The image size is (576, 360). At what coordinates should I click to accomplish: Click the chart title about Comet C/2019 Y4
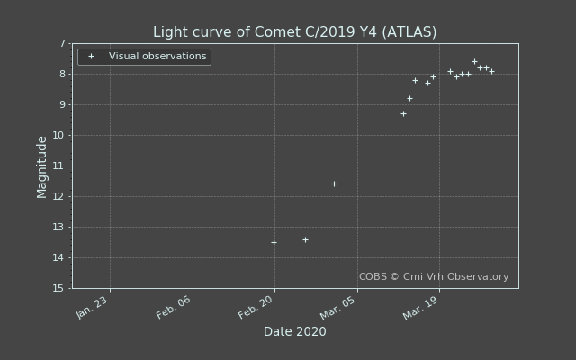294,32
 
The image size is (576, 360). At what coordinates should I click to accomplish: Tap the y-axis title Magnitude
42,166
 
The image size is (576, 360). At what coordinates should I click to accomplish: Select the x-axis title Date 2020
294,331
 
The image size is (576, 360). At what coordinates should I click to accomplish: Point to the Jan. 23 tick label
93,308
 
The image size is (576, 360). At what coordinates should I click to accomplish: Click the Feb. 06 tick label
175,308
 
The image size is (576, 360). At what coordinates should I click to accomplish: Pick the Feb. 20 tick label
257,308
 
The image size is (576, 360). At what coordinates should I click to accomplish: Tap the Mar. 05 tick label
340,308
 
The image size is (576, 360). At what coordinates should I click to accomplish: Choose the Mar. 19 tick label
421,308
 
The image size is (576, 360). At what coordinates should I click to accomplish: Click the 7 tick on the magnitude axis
62,43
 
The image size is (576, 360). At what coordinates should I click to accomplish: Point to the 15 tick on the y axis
58,288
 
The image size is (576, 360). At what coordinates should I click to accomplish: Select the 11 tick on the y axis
58,166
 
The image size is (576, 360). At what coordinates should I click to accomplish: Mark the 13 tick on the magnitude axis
58,227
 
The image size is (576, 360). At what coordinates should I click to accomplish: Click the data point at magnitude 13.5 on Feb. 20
274,242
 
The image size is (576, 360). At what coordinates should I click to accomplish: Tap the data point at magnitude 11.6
334,184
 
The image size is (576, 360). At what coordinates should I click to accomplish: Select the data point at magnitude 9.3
403,113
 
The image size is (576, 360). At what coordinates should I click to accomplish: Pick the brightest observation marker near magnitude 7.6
474,61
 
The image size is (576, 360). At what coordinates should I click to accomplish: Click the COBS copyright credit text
434,277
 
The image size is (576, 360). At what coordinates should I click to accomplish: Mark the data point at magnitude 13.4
305,239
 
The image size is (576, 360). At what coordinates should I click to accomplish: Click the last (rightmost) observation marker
491,71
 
